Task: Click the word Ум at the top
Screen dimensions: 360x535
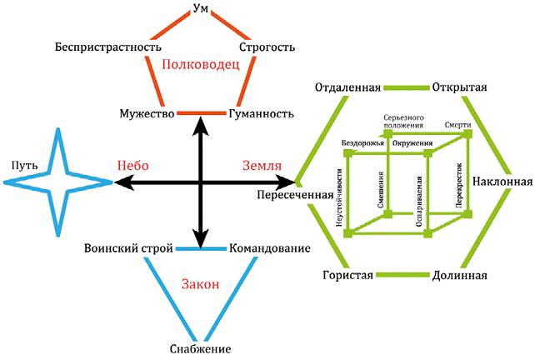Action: click(200, 9)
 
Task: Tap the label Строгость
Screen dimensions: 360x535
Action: click(267, 47)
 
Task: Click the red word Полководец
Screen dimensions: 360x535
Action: click(201, 64)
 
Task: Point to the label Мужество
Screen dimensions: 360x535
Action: click(146, 113)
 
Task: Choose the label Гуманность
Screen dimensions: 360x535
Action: click(259, 113)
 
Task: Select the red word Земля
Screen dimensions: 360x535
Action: click(261, 165)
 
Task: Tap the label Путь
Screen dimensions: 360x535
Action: click(18, 165)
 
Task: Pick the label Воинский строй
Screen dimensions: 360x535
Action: click(128, 249)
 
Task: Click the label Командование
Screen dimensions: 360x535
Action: click(270, 249)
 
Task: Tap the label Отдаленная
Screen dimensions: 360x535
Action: click(348, 87)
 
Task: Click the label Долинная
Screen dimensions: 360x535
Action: click(460, 276)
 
